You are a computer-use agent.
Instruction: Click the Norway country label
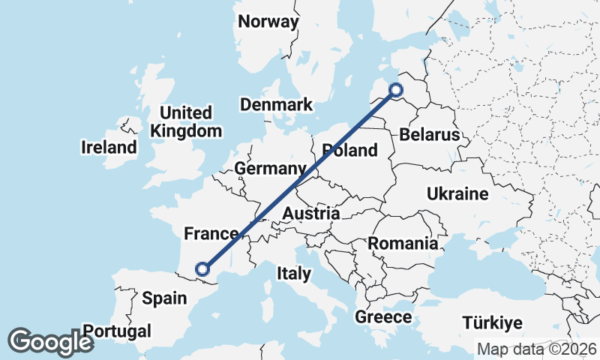(268, 22)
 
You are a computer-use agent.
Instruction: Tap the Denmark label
(277, 105)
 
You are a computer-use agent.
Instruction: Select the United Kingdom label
(186, 122)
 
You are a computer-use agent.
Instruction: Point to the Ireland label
(109, 148)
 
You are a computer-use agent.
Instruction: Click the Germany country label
(270, 169)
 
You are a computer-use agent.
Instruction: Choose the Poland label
(349, 151)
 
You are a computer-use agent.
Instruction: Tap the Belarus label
(429, 136)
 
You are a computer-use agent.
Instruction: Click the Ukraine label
(457, 195)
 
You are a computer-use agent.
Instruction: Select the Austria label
(310, 214)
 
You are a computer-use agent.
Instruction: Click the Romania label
(403, 244)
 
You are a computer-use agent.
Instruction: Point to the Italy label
(293, 274)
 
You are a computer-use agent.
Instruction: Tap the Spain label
(164, 298)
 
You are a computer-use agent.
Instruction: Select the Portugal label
(117, 331)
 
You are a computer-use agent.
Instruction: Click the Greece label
(384, 317)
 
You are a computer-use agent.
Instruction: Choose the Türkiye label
(491, 323)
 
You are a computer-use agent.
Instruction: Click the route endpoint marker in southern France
(202, 269)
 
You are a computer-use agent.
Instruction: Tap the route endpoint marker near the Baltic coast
(396, 91)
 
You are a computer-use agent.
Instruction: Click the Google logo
(50, 342)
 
